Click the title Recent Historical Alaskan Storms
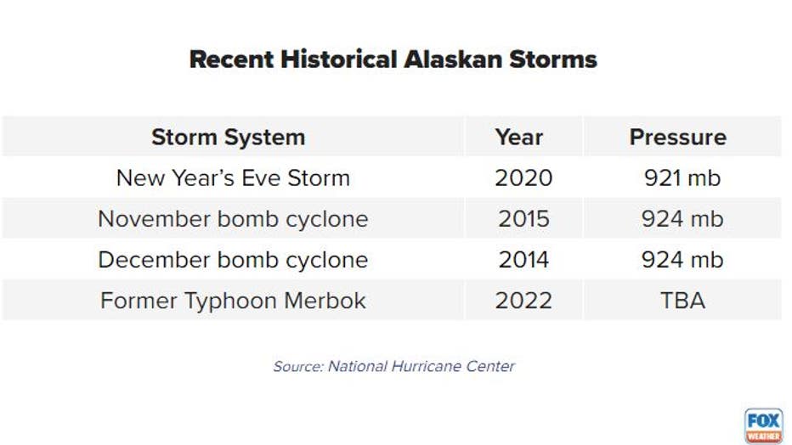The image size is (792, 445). pos(393,59)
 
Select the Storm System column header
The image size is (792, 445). pos(229,138)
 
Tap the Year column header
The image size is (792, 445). pos(519,138)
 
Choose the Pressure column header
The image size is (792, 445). pos(678,138)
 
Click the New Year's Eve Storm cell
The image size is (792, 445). pos(233,178)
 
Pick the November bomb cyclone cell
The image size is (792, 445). pos(233,219)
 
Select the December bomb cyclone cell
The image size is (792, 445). pos(233,260)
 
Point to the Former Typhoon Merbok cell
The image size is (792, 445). pos(233,301)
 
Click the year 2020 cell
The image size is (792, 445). pos(523,178)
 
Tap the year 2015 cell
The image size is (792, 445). pos(523,219)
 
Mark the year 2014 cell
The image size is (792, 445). pos(523,260)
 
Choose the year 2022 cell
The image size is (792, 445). pos(523,301)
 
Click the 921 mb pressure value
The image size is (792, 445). pos(682,178)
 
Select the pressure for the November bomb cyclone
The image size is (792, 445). pos(682,219)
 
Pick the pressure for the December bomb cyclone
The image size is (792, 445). pos(682,260)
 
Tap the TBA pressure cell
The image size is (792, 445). pos(682,301)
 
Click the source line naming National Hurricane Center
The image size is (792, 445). pos(394,366)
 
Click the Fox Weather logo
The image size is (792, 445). pos(763,425)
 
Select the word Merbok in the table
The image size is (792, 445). pos(325,301)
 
